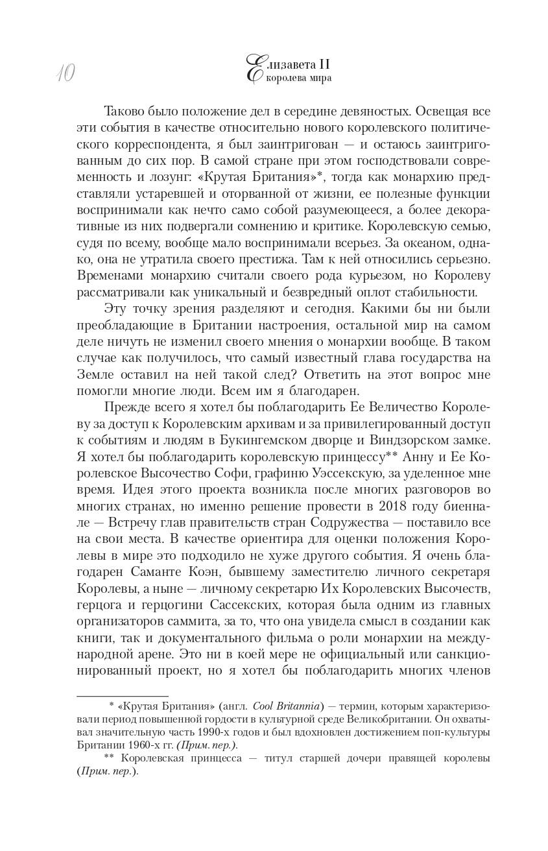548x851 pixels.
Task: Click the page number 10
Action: click(64, 74)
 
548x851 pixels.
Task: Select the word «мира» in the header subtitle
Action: click(318, 78)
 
